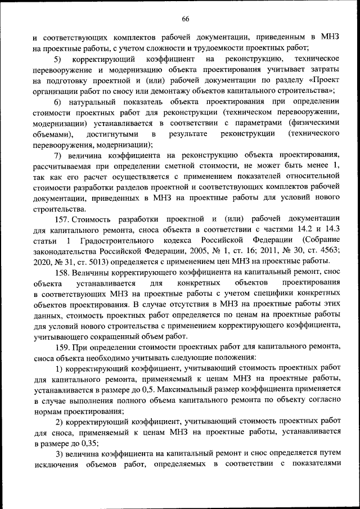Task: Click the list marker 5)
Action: (x=58, y=58)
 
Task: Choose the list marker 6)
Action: (x=58, y=101)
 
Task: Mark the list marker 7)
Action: (x=58, y=154)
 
